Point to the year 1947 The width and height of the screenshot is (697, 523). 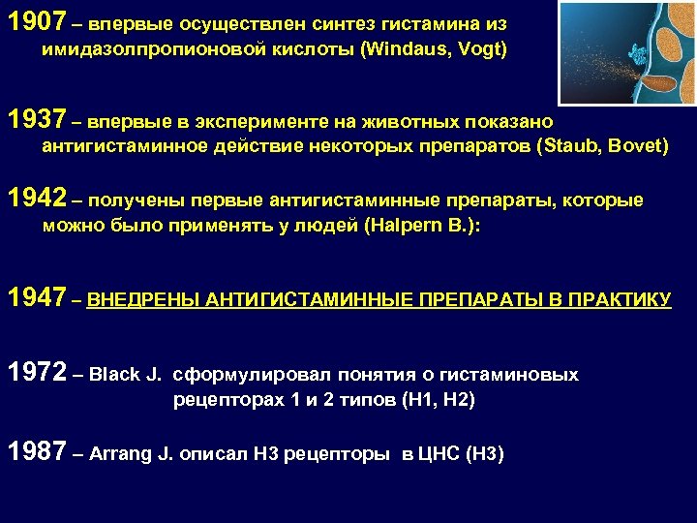35,297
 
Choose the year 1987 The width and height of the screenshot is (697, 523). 35,450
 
